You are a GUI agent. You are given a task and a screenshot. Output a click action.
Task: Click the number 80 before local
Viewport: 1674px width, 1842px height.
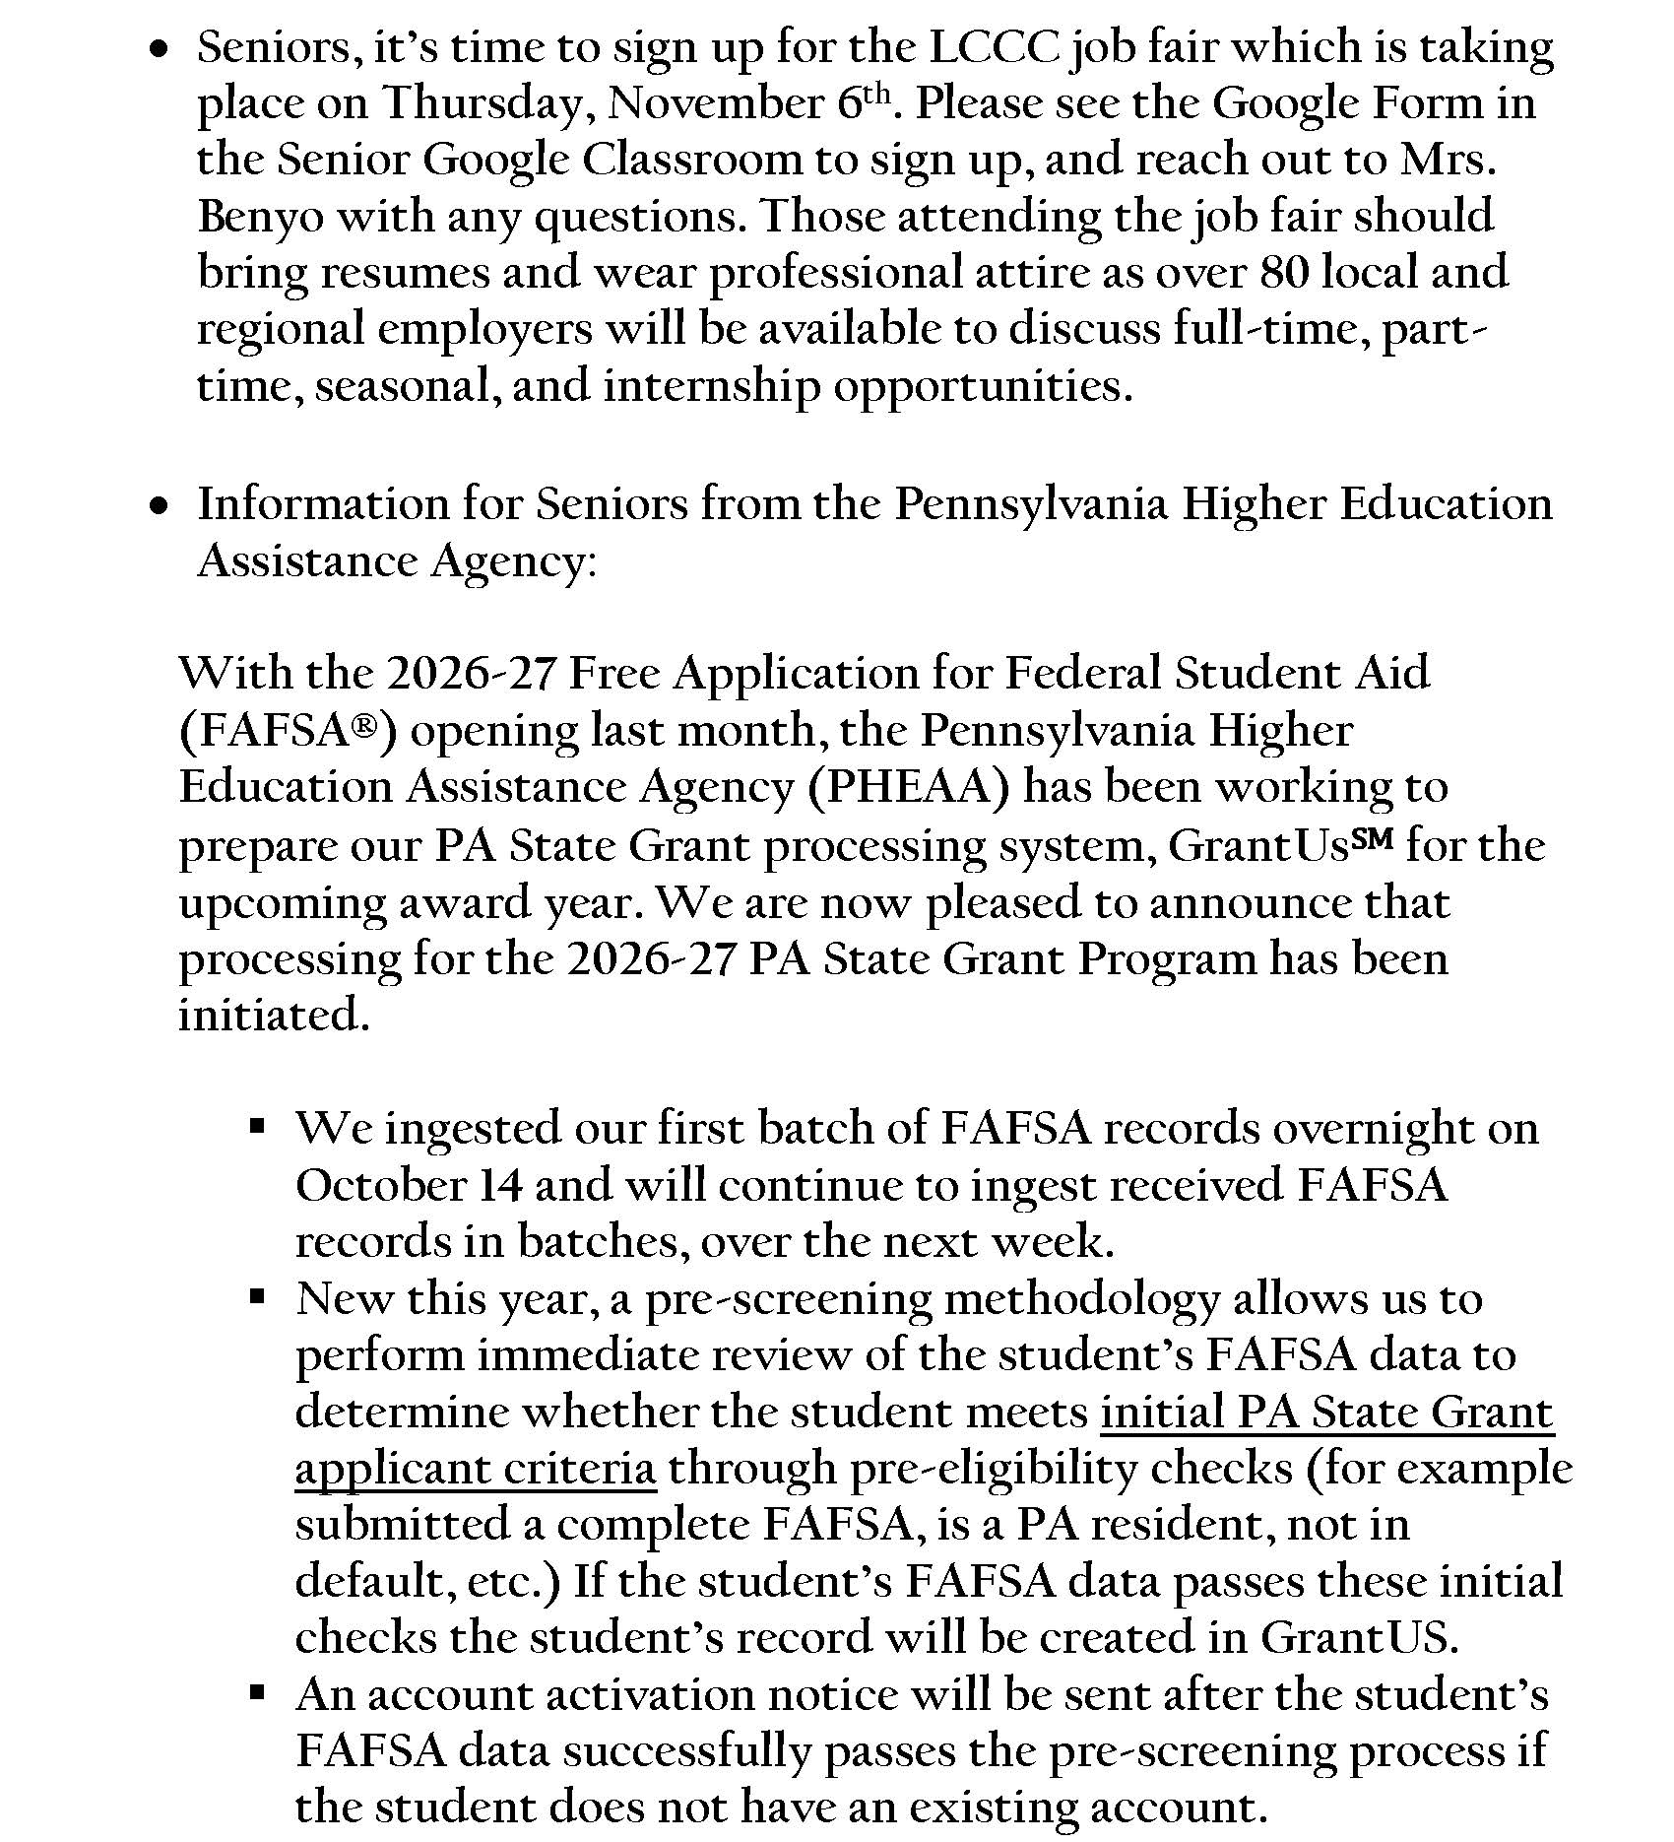pyautogui.click(x=1283, y=273)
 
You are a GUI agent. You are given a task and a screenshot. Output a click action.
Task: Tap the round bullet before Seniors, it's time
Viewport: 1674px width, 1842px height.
pyautogui.click(x=160, y=49)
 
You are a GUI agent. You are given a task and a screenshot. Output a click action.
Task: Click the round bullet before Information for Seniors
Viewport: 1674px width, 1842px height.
pyautogui.click(x=160, y=506)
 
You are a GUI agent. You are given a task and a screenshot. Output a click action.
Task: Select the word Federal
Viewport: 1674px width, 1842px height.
pyautogui.click(x=1082, y=674)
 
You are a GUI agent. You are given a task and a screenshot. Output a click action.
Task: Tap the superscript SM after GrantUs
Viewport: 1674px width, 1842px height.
pyautogui.click(x=1372, y=840)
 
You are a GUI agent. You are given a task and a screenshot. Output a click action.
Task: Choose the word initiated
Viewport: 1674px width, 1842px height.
pyautogui.click(x=274, y=1015)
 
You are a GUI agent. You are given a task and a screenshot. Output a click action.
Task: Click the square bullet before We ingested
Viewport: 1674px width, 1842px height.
pyautogui.click(x=258, y=1125)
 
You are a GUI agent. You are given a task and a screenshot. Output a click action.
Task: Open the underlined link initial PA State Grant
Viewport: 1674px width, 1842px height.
pyautogui.click(x=1326, y=1414)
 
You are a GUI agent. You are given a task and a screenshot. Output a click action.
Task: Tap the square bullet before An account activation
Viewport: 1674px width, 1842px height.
pyautogui.click(x=258, y=1692)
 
